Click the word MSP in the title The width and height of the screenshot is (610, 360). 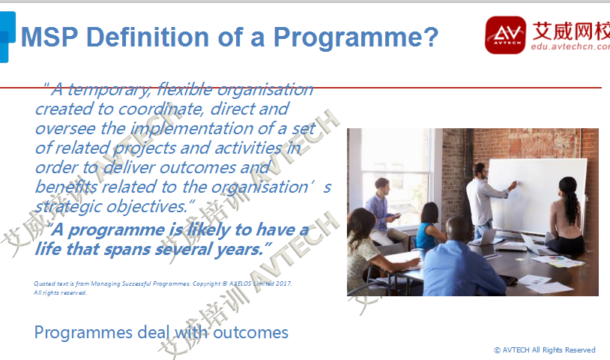(x=49, y=37)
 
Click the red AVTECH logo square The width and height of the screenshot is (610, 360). (x=505, y=35)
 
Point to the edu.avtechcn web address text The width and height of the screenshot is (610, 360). (x=570, y=46)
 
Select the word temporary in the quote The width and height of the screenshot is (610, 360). (x=109, y=90)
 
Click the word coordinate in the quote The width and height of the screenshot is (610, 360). (x=160, y=109)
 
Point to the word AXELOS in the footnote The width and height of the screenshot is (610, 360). (x=240, y=283)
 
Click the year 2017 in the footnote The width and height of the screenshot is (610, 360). (x=283, y=283)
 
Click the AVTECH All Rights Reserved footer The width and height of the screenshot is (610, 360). (x=545, y=350)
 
